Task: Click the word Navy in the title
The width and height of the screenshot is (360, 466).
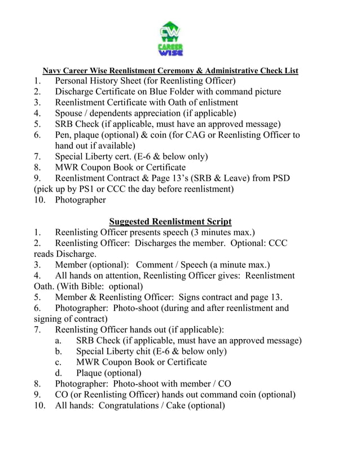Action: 53,71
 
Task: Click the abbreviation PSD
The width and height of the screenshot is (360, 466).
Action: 279,178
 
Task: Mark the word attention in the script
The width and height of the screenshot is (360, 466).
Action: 121,275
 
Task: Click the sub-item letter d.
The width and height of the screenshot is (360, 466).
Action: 58,373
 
